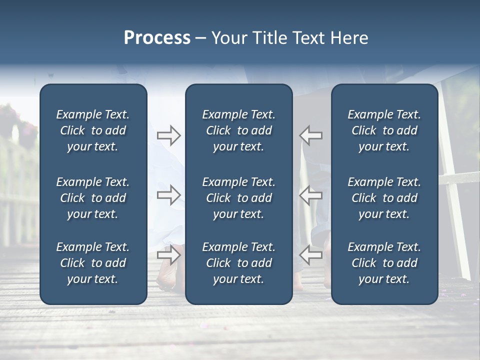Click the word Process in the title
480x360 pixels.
tap(157, 38)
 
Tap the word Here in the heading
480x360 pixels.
tap(349, 38)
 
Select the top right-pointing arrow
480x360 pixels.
tap(168, 135)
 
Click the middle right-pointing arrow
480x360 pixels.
tap(168, 195)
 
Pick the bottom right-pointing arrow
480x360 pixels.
tap(168, 254)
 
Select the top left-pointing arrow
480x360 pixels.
tap(311, 135)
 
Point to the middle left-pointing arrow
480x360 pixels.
tap(311, 195)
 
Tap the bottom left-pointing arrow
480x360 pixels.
tap(311, 254)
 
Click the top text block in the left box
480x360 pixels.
tap(93, 130)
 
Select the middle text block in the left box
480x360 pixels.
tap(93, 198)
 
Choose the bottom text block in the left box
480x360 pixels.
tap(93, 263)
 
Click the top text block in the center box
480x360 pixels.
tap(238, 130)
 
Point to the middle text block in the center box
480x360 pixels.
tap(238, 198)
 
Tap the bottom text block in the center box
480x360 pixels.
tap(238, 263)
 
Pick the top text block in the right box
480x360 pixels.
tap(384, 130)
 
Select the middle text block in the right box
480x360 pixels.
tap(384, 198)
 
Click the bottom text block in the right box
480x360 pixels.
tap(384, 263)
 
